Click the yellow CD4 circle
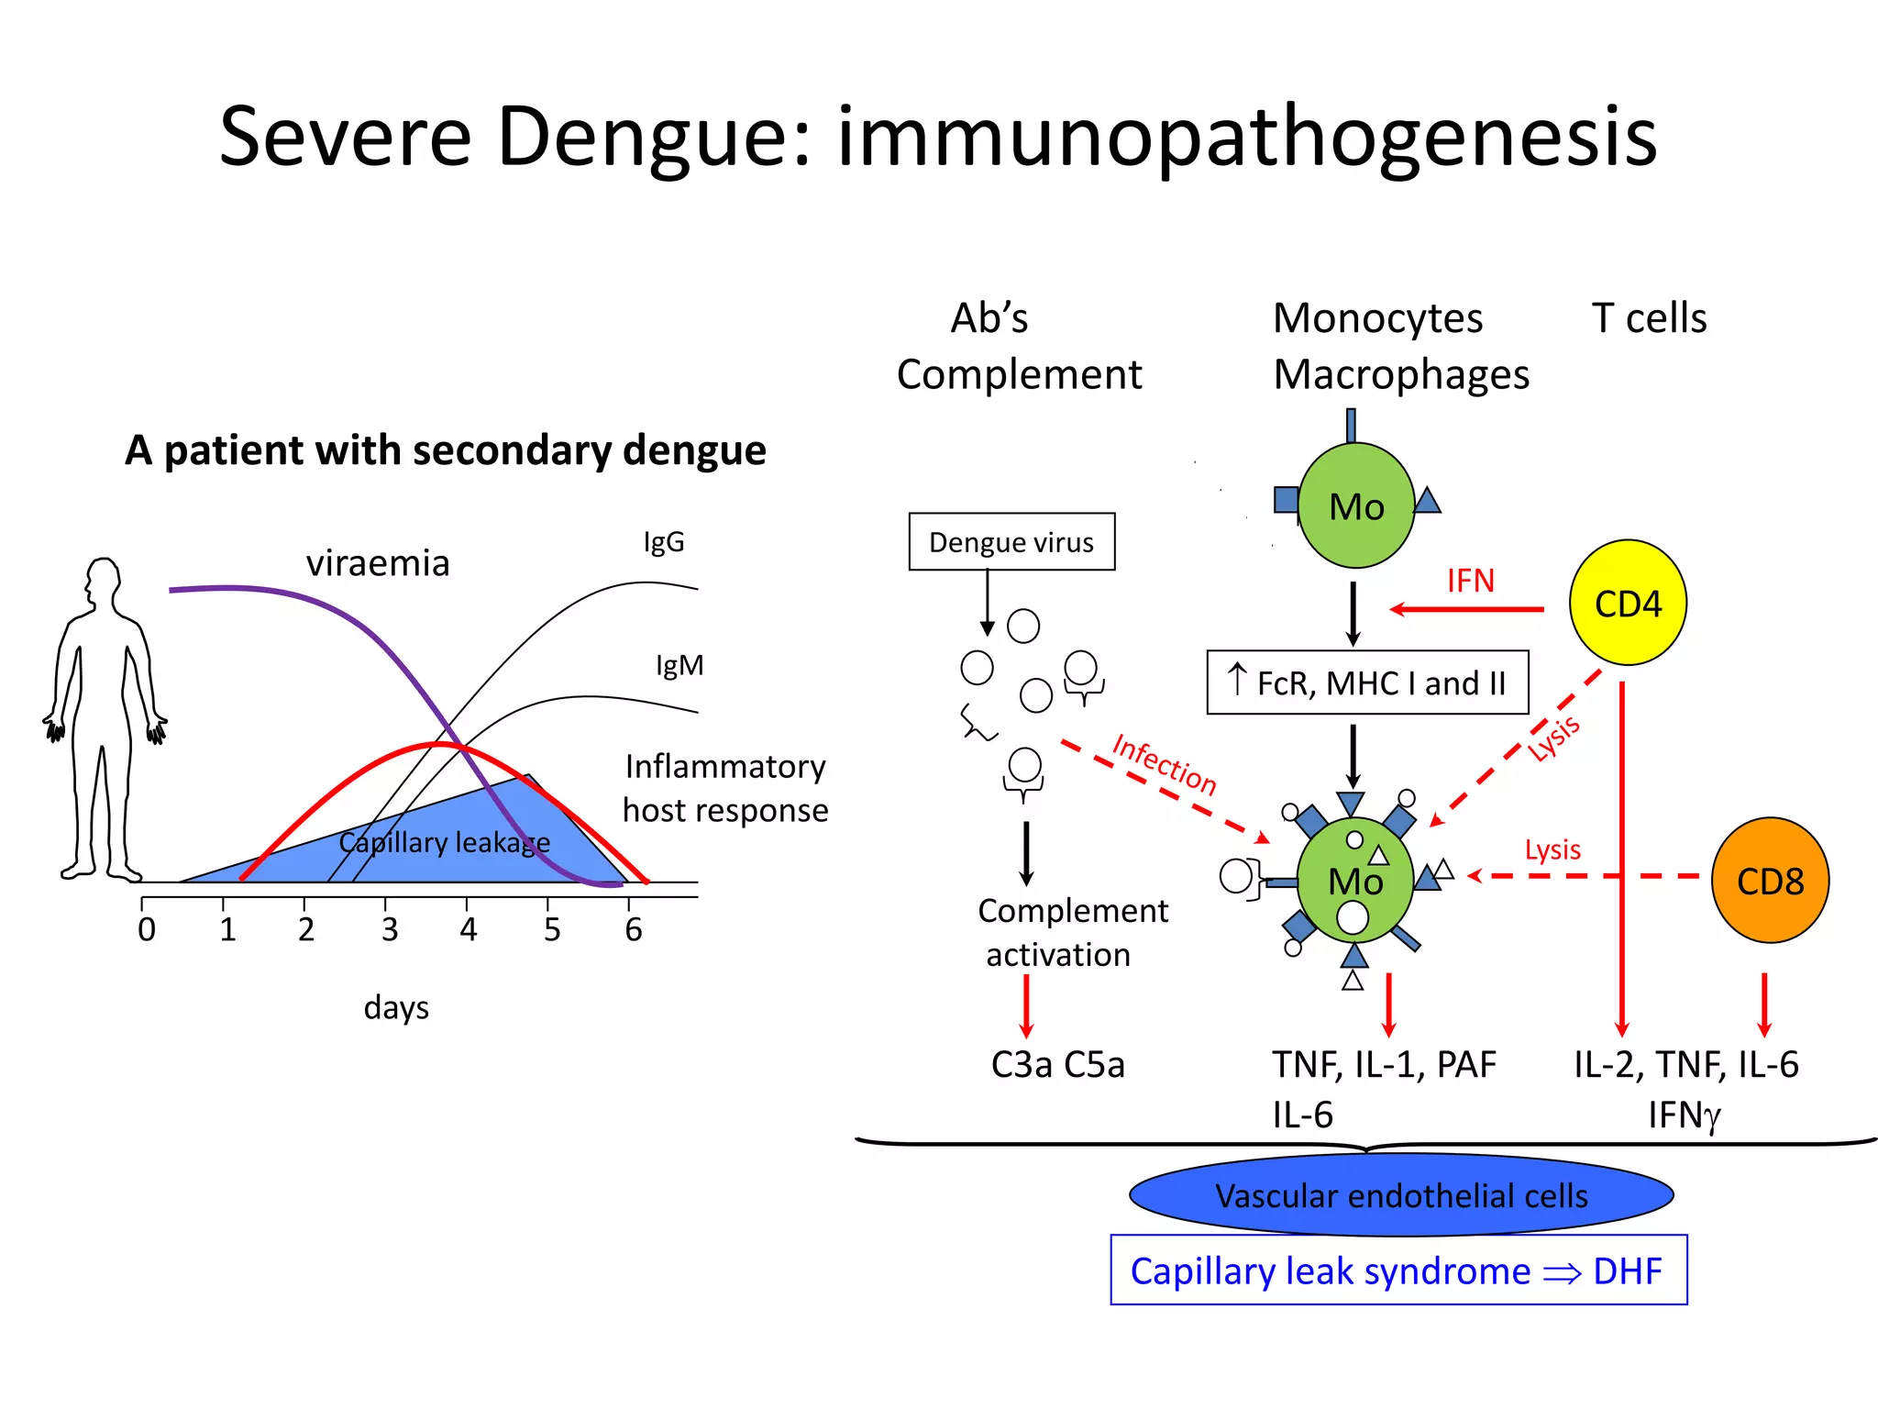[1628, 603]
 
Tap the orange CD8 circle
[1770, 881]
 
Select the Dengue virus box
[1011, 542]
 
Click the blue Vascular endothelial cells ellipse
[1401, 1195]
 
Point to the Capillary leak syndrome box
[1398, 1270]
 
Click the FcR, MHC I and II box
[1367, 682]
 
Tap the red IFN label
[1470, 581]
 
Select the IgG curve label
[663, 541]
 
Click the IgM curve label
[679, 665]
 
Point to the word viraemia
[378, 562]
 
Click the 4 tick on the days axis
[469, 928]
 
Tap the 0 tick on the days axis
[147, 928]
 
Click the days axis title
[396, 1007]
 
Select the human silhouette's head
[103, 581]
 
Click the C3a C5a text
[1057, 1064]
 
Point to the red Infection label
[1164, 763]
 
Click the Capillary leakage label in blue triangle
[444, 842]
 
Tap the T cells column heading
[1649, 318]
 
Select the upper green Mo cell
[1356, 506]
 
